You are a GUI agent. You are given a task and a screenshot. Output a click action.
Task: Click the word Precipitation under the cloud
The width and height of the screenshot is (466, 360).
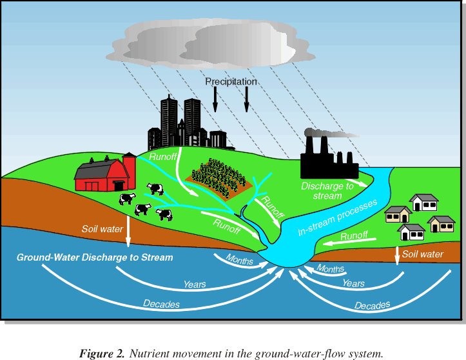[231, 82]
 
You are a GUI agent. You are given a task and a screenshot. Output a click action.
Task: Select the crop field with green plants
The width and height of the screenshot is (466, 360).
[221, 175]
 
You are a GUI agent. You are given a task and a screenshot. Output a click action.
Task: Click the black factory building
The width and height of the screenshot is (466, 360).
[329, 162]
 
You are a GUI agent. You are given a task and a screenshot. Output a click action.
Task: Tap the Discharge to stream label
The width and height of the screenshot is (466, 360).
[327, 191]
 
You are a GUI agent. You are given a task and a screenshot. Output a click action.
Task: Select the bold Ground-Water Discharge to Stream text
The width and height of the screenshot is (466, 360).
[95, 257]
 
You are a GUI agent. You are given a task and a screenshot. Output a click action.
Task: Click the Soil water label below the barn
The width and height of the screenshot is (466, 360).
[102, 229]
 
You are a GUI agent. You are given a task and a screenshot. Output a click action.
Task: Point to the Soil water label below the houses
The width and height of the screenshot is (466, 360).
[423, 254]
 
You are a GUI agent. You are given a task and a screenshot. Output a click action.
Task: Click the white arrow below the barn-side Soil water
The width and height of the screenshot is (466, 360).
[128, 233]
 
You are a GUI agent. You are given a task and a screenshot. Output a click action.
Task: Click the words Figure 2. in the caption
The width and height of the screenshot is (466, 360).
[102, 353]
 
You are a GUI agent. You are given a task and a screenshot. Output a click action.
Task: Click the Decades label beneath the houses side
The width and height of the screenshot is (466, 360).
[372, 305]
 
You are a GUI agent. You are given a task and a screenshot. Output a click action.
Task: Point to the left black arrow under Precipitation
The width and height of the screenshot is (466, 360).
[215, 99]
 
